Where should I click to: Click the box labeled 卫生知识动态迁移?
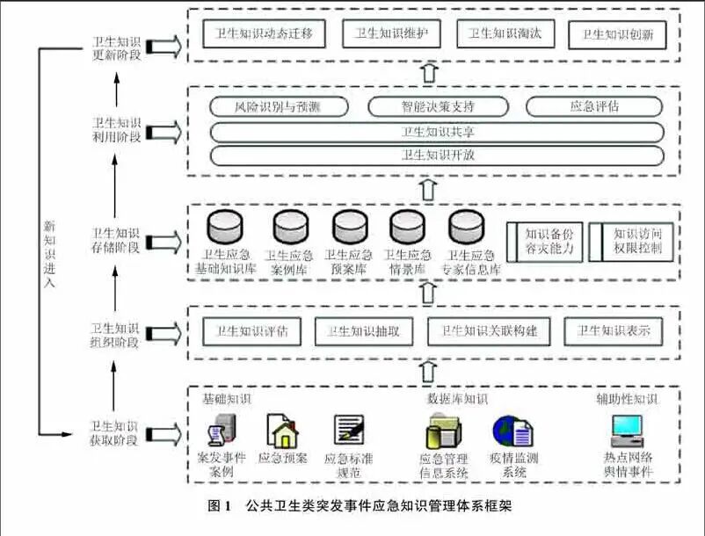(258, 35)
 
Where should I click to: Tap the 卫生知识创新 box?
(616, 35)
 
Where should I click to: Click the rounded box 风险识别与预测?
(277, 107)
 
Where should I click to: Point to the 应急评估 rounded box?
(594, 107)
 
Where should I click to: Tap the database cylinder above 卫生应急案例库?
(289, 228)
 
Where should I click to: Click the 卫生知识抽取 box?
(363, 332)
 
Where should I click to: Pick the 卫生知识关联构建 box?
(495, 332)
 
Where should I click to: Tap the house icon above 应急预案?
(282, 431)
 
